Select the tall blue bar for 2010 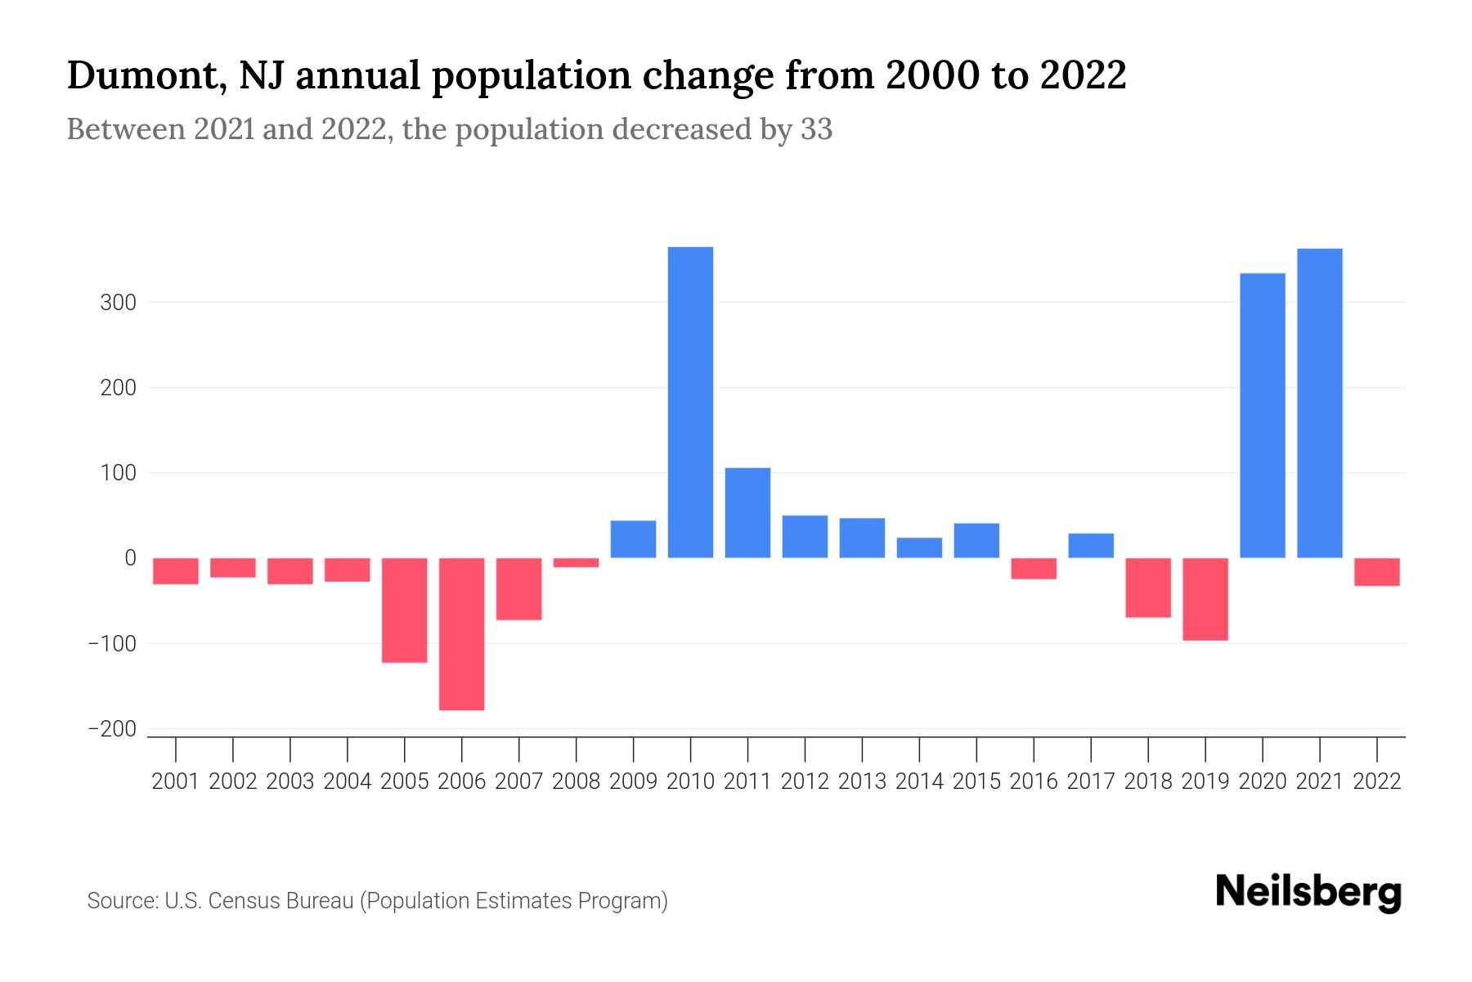tap(690, 402)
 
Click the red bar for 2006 tap(461, 633)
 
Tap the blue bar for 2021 tap(1319, 403)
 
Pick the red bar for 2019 tap(1205, 599)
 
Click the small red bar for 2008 tap(576, 562)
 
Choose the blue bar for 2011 tap(747, 512)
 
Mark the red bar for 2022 tap(1376, 571)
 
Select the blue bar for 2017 tap(1090, 545)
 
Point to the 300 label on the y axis tap(118, 303)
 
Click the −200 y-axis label tap(112, 729)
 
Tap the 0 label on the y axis tap(129, 558)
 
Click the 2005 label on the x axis tap(404, 782)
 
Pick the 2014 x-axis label tap(918, 782)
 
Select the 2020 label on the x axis tap(1262, 782)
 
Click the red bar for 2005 tap(404, 610)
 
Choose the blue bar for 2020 tap(1262, 415)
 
